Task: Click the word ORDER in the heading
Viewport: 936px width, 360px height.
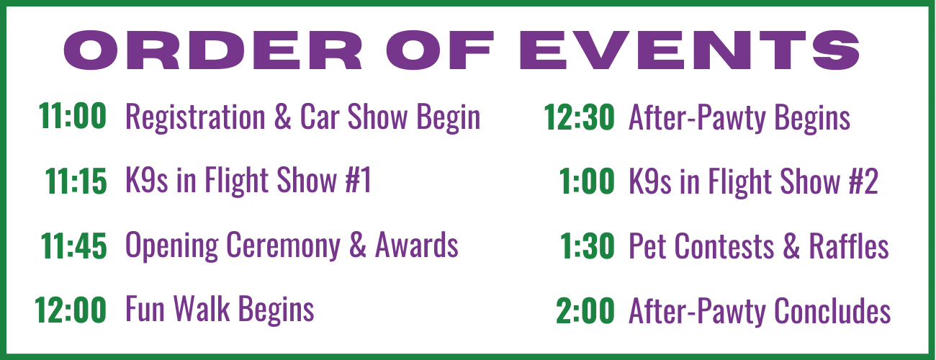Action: click(212, 50)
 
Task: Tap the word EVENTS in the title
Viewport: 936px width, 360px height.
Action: click(690, 50)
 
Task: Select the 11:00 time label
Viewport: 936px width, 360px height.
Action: click(72, 116)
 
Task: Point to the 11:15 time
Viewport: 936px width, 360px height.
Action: click(76, 181)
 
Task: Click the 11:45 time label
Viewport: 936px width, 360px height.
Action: click(74, 246)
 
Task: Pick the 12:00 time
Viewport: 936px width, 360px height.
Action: click(71, 310)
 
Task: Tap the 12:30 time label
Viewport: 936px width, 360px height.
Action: click(579, 117)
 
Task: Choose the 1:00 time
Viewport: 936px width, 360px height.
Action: click(587, 181)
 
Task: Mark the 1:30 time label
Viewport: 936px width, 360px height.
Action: click(587, 246)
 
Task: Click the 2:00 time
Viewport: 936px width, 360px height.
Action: click(585, 311)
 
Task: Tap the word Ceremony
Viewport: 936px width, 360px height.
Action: click(283, 246)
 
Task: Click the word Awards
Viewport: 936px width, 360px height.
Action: click(417, 245)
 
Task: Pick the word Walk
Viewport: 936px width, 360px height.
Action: click(202, 309)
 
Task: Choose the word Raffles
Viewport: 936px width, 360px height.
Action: click(849, 246)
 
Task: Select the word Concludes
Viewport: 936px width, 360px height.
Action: click(832, 311)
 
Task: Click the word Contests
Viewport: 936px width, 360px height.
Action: click(724, 247)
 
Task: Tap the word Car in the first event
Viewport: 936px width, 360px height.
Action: click(320, 117)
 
